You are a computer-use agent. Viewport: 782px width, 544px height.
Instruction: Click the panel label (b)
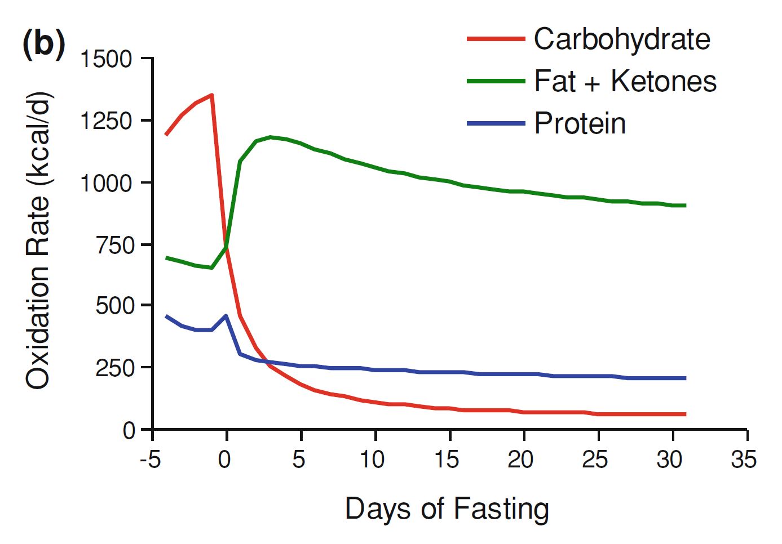[x=43, y=43]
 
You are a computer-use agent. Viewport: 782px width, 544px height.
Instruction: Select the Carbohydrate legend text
[x=621, y=39]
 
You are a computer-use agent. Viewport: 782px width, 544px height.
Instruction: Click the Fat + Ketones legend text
[x=625, y=81]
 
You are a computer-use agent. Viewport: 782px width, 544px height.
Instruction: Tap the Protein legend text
[x=580, y=123]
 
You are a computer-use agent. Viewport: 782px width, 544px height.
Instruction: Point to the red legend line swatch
[x=496, y=39]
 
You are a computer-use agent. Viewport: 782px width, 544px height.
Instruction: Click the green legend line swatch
[x=496, y=81]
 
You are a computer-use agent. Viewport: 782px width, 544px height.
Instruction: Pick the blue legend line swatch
[x=496, y=123]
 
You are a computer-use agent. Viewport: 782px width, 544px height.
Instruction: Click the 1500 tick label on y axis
[x=107, y=59]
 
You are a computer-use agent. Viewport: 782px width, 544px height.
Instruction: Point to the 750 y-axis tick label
[x=115, y=245]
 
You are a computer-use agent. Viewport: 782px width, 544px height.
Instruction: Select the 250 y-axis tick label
[x=115, y=368]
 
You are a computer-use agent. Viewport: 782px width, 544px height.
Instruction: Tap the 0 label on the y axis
[x=129, y=431]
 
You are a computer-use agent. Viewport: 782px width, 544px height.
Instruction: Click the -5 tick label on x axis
[x=150, y=460]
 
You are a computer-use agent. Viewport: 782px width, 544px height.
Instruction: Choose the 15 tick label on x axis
[x=447, y=460]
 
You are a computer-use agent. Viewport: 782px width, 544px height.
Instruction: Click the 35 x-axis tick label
[x=743, y=460]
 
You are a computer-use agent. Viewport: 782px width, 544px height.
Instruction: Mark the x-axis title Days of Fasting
[x=447, y=509]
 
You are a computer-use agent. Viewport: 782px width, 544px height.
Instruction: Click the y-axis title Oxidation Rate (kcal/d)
[x=38, y=239]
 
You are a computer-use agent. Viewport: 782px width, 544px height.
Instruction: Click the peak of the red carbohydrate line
[x=211, y=95]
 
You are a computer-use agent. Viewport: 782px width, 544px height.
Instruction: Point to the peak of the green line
[x=271, y=137]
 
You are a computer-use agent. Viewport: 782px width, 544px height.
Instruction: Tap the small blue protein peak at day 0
[x=226, y=315]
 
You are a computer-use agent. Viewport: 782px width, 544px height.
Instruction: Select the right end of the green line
[x=684, y=206]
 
